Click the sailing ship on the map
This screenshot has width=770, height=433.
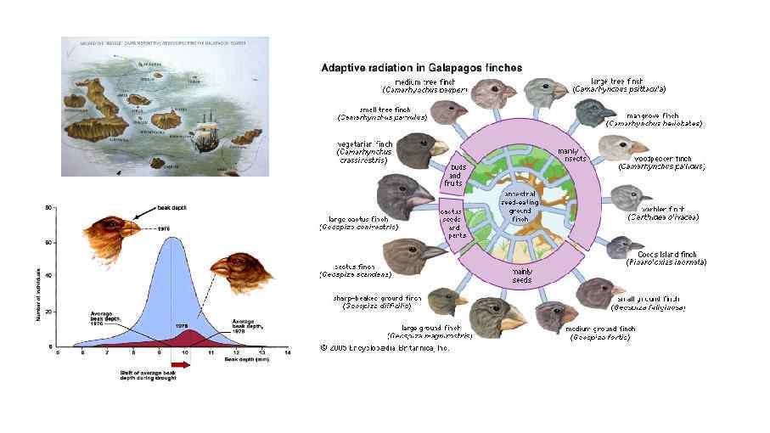tap(203, 136)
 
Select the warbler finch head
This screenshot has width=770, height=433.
tap(629, 200)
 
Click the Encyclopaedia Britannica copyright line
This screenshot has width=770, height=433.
tap(385, 347)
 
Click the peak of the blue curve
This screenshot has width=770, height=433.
tap(173, 239)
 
